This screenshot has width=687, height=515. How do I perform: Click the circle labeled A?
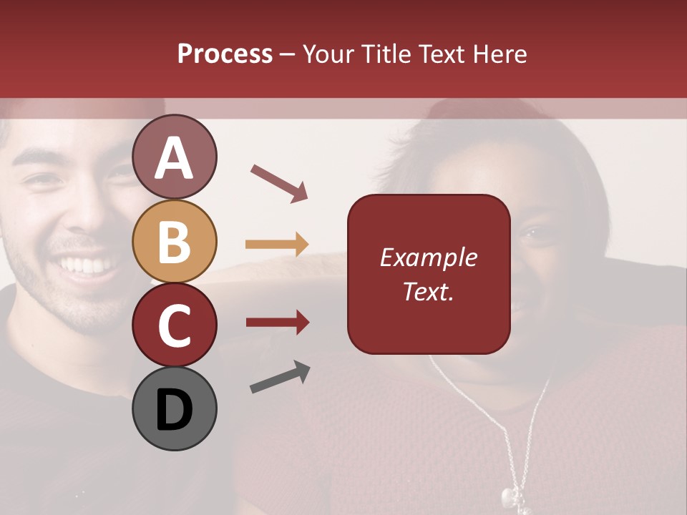pyautogui.click(x=174, y=157)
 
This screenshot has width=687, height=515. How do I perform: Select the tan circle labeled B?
pyautogui.click(x=174, y=241)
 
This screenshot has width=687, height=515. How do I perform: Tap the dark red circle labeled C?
pyautogui.click(x=174, y=325)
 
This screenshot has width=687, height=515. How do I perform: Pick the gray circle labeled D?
pyautogui.click(x=174, y=408)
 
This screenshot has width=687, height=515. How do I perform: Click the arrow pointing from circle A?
pyautogui.click(x=279, y=182)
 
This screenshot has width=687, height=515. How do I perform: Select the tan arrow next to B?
pyautogui.click(x=277, y=245)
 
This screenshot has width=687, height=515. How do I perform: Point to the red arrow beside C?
pyautogui.click(x=277, y=323)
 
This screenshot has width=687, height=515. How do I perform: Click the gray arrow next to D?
pyautogui.click(x=280, y=377)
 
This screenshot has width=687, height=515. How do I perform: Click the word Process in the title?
pyautogui.click(x=225, y=54)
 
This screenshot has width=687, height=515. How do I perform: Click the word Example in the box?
pyautogui.click(x=428, y=257)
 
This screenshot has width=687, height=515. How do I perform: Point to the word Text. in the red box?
pyautogui.click(x=428, y=291)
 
